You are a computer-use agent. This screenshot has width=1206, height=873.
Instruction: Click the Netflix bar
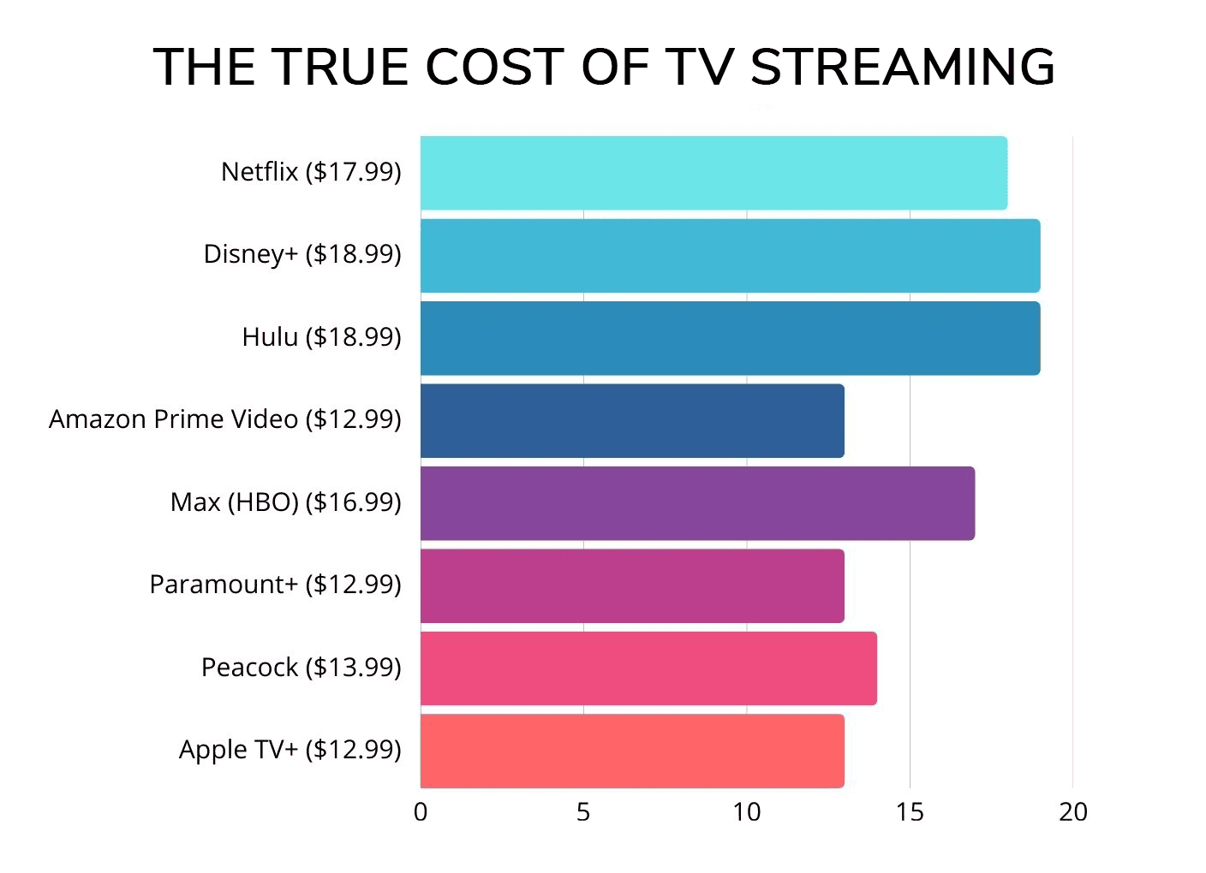(x=713, y=172)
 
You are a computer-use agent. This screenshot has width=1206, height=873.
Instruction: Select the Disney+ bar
(x=730, y=255)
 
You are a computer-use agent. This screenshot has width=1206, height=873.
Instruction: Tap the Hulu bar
(x=730, y=338)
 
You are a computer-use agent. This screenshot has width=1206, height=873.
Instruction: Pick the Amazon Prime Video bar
(x=632, y=420)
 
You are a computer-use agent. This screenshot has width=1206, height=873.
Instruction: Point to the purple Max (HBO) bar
(x=697, y=503)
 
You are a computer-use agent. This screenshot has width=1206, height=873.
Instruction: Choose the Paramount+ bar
(x=632, y=585)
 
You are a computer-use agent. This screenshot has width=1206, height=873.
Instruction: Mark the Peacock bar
(x=648, y=668)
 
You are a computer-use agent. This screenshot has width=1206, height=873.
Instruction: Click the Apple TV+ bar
(x=632, y=751)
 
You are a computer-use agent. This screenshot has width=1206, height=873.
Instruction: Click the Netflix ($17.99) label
(x=311, y=172)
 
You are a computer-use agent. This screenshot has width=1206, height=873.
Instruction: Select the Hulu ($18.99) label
(x=321, y=337)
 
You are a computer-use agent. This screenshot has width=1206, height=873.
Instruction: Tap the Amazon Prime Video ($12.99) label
(x=224, y=419)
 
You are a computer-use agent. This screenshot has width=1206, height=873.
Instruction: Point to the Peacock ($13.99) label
(x=301, y=668)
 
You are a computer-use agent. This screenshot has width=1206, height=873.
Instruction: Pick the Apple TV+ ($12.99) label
(x=290, y=750)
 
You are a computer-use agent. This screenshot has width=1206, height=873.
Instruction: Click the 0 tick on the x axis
(x=421, y=812)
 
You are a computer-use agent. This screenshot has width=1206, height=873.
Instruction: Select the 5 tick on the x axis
(x=583, y=812)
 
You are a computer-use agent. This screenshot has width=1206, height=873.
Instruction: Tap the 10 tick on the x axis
(x=747, y=812)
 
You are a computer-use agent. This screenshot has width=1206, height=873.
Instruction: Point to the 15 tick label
(x=910, y=812)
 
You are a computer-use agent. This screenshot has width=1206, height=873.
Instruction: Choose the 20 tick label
(x=1073, y=812)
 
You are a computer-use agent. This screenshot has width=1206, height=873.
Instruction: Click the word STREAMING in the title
(x=903, y=67)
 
